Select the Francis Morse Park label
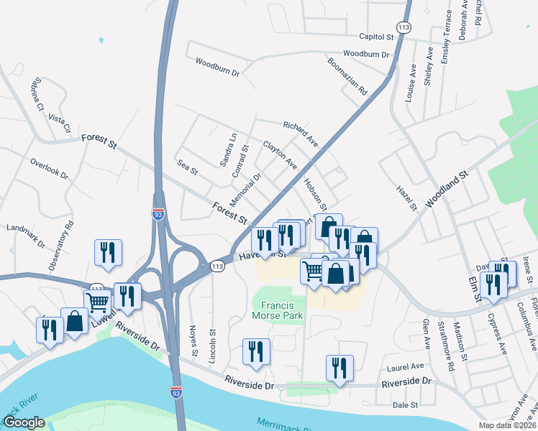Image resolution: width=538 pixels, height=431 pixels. point(278,309)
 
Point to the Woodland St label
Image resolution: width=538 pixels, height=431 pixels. point(447,190)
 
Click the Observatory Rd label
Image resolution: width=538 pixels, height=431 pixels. point(61,246)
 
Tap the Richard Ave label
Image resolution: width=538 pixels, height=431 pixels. point(300,134)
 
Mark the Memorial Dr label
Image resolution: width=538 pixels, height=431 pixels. point(247,186)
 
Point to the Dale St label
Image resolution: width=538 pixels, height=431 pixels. point(405,405)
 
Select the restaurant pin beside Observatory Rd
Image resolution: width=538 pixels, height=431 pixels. point(108,253)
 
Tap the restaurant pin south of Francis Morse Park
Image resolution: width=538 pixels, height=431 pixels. point(256,352)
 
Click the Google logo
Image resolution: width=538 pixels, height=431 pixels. point(24,422)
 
